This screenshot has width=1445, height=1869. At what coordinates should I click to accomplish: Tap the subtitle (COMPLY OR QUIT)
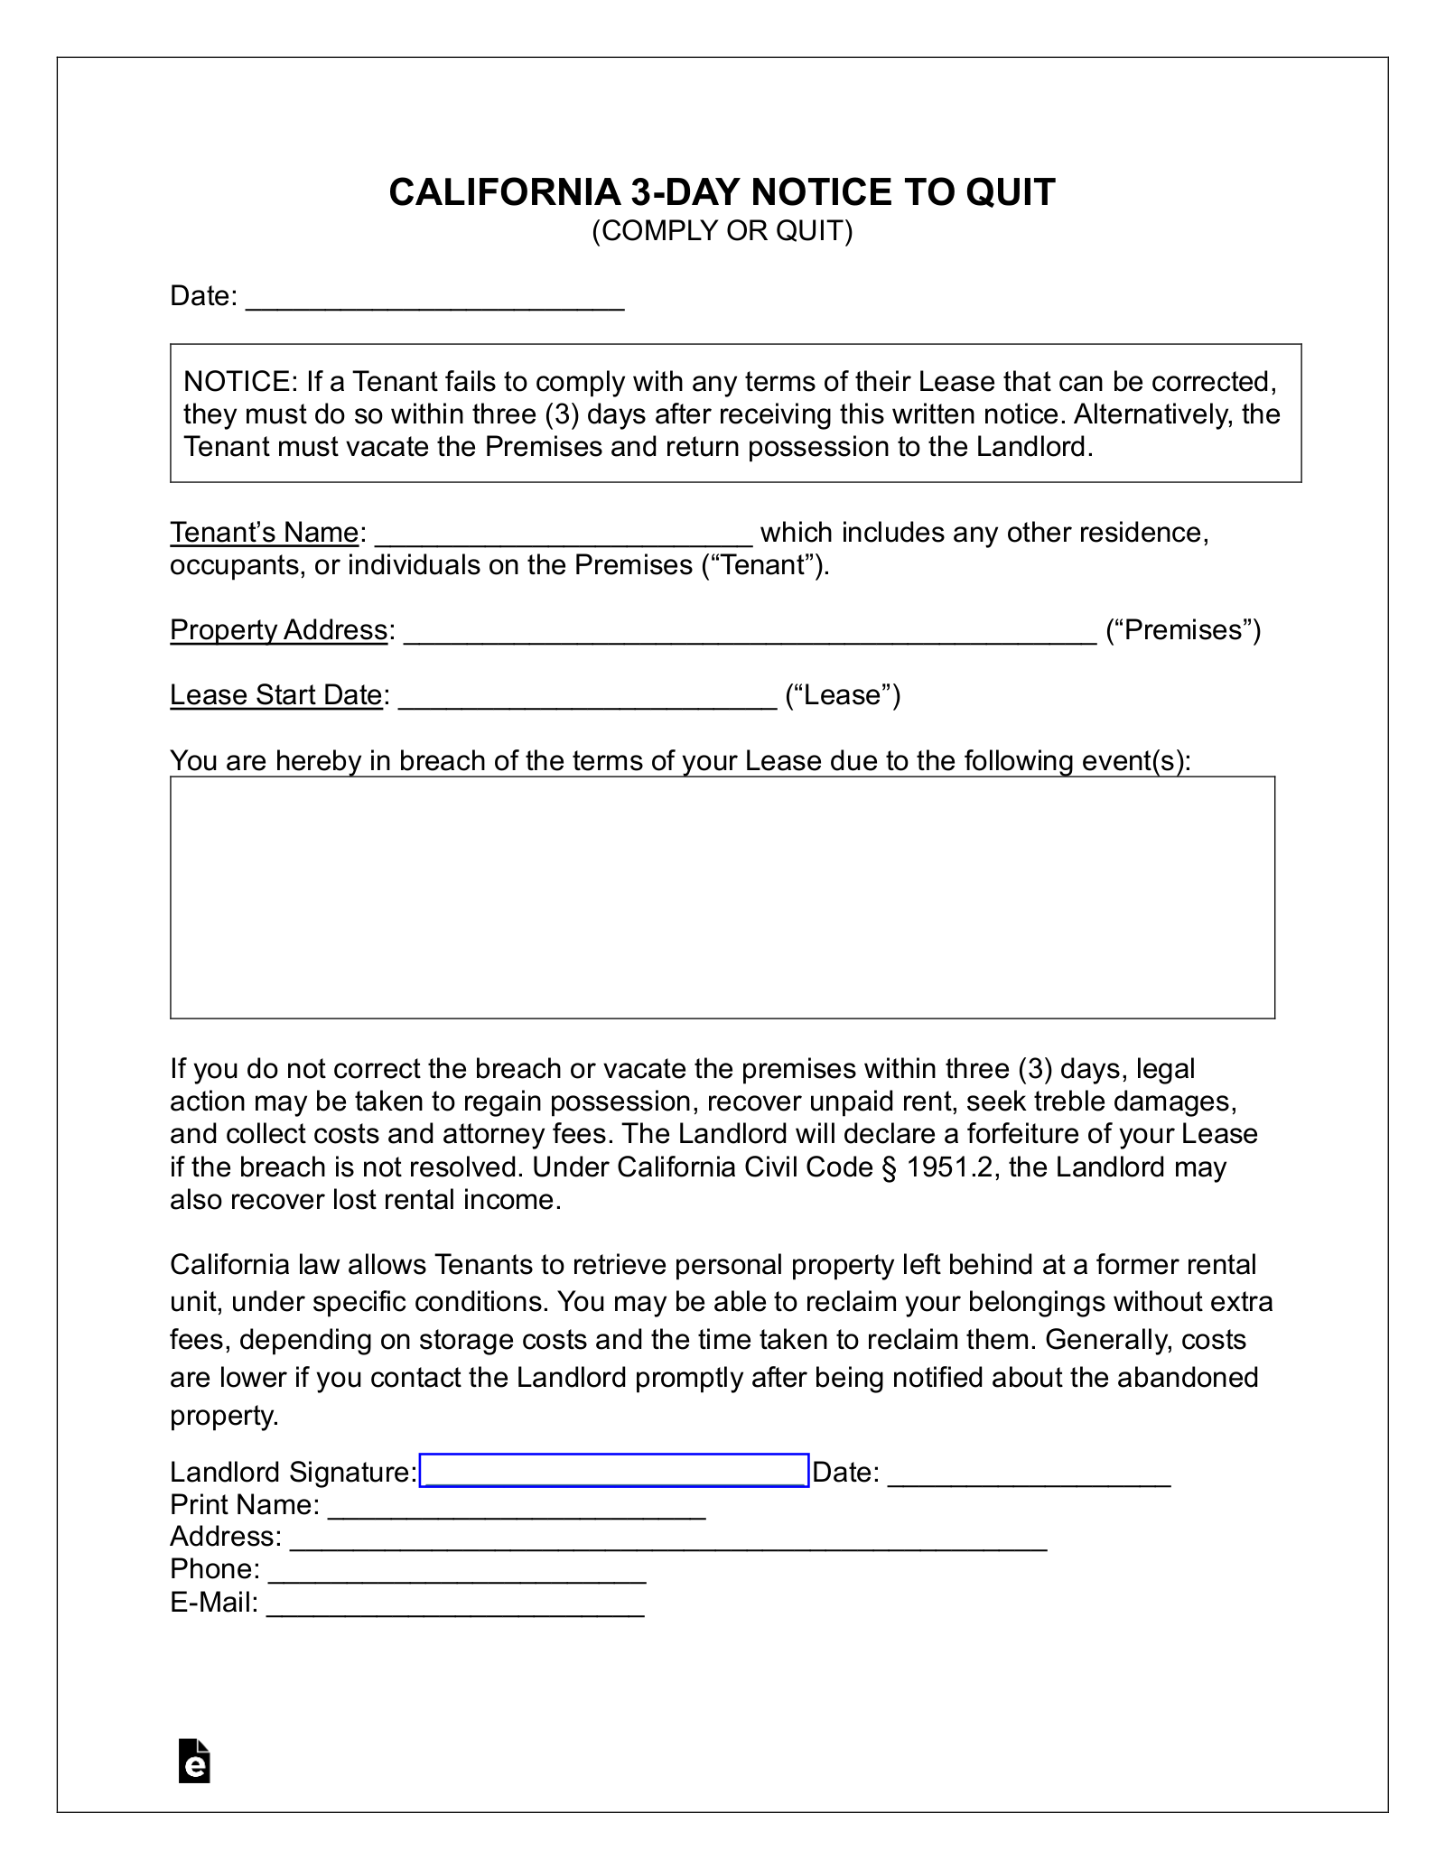pos(722,231)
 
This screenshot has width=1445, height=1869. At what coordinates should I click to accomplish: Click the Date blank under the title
pos(434,299)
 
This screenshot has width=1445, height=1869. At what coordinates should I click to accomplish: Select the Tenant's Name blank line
pos(563,535)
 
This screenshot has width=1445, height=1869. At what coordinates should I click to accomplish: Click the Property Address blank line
pos(749,633)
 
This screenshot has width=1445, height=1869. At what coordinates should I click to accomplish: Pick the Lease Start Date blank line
pos(587,698)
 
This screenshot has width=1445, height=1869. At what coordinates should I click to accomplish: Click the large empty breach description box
pos(722,897)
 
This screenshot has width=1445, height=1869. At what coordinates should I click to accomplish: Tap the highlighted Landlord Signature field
pos(614,1471)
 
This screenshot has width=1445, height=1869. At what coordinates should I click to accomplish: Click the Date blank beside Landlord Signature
pos(1029,1474)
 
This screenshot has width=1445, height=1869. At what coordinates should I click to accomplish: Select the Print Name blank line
pos(516,1507)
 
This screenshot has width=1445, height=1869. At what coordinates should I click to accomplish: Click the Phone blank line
pos(457,1571)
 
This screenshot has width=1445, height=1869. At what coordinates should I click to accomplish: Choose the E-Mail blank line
pos(455,1604)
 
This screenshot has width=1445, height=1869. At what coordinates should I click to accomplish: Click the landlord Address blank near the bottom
pos(667,1539)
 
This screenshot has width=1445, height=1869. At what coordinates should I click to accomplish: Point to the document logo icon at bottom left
pos(194,1760)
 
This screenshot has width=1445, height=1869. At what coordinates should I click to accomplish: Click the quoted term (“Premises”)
pos(1183,630)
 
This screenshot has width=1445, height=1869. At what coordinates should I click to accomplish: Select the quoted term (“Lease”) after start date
pos(843,695)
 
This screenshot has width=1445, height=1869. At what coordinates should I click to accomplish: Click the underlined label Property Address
pos(278,630)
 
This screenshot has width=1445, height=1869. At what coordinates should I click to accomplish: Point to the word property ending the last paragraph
pos(224,1415)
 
